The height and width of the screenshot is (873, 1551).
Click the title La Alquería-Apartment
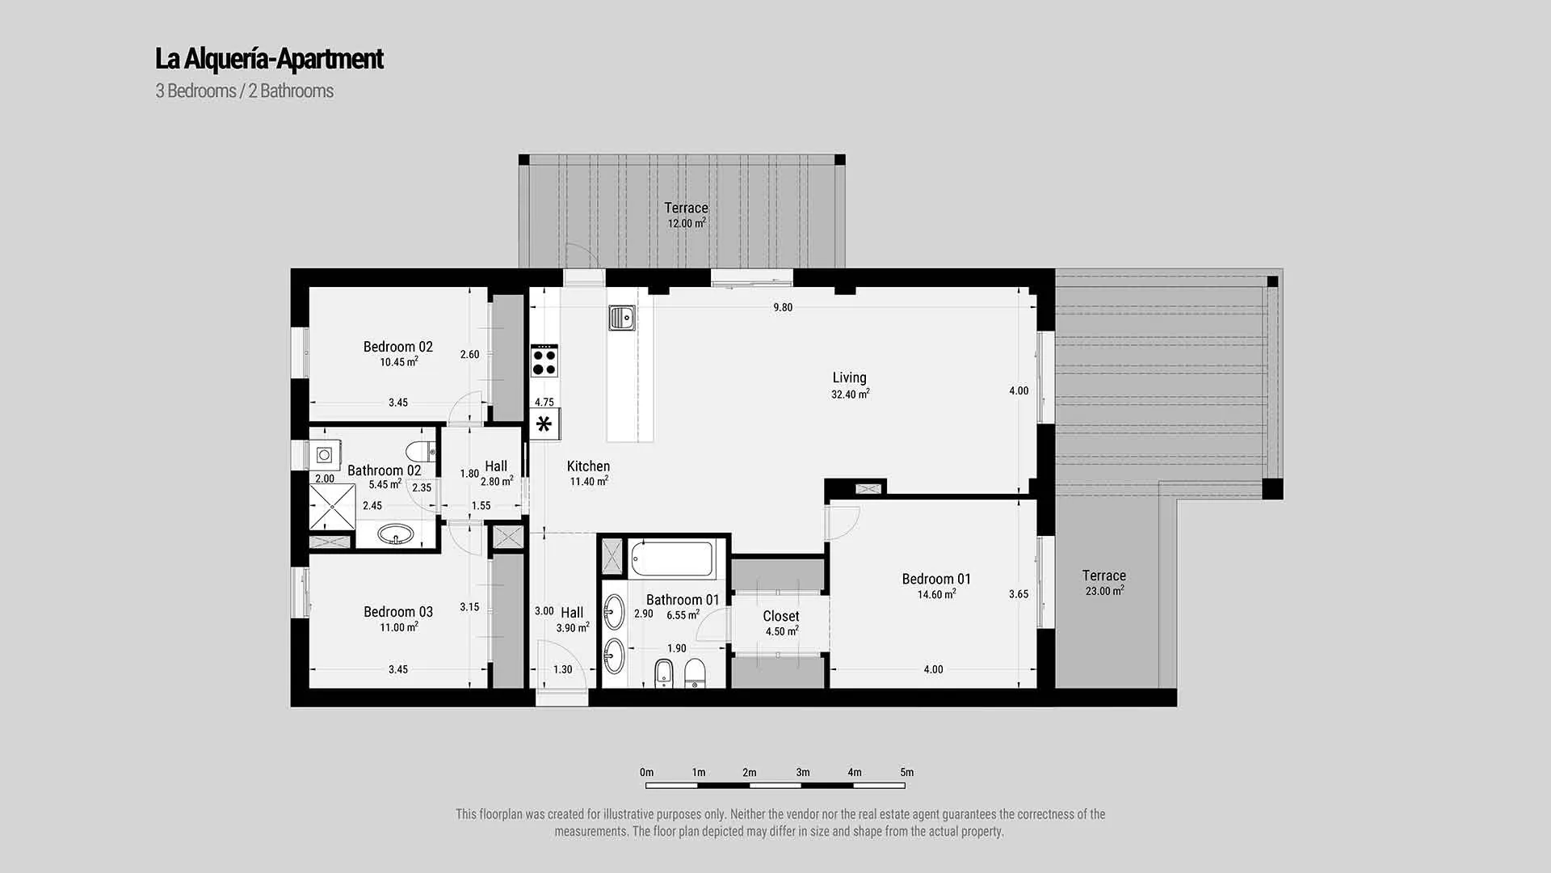[x=269, y=59]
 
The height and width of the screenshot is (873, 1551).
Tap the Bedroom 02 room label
[x=398, y=347]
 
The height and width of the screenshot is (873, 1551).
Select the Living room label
[x=849, y=377]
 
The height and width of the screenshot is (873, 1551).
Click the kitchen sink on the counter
[x=622, y=318]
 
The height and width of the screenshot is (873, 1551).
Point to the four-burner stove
[x=544, y=361]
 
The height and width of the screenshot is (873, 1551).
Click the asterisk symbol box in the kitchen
[x=544, y=424]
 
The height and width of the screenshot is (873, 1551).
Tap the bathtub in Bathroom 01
[x=673, y=559]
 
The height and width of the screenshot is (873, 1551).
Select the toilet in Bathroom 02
[x=421, y=451]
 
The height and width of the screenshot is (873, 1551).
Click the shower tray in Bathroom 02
[x=332, y=507]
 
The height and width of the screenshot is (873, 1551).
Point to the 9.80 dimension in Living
[x=783, y=307]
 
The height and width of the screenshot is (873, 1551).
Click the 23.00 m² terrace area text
[x=1104, y=591]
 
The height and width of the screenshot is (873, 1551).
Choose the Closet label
[x=781, y=616]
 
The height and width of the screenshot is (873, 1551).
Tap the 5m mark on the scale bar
[x=907, y=773]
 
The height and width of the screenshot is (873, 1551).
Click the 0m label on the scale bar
[x=646, y=773]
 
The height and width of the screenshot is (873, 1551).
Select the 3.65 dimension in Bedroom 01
[x=1019, y=594]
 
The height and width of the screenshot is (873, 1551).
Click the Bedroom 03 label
[x=398, y=612]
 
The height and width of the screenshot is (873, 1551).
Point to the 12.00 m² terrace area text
[x=687, y=223]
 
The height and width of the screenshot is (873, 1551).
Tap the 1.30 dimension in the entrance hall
[x=563, y=669]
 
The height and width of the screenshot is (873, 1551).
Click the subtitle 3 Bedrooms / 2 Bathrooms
[x=245, y=91]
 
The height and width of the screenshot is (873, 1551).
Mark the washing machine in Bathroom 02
[x=326, y=455]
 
